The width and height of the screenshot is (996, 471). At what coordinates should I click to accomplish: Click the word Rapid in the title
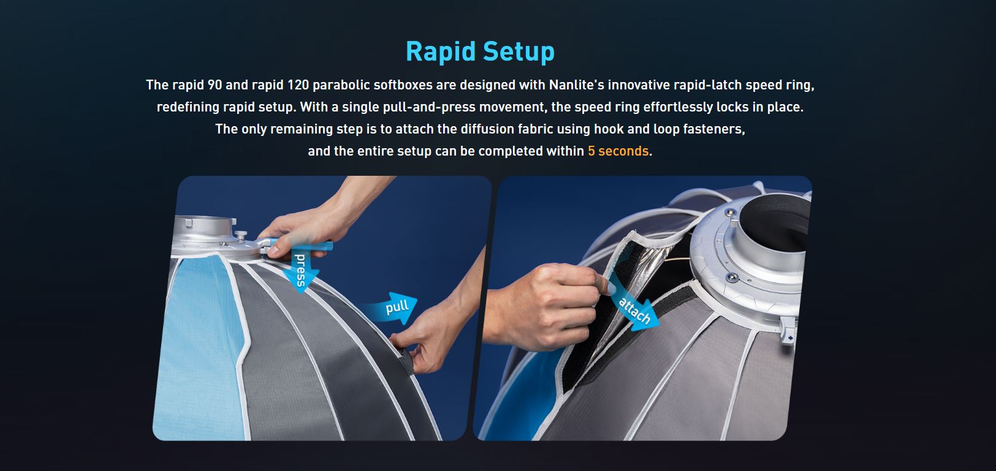click(x=441, y=51)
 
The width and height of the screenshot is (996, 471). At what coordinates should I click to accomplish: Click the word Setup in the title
click(x=519, y=51)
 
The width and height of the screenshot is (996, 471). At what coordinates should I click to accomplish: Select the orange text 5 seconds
click(x=618, y=151)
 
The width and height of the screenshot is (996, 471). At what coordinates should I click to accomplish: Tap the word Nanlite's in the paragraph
click(x=576, y=85)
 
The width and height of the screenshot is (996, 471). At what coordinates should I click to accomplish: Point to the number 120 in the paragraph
click(x=298, y=85)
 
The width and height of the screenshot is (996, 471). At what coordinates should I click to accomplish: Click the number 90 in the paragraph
click(x=215, y=85)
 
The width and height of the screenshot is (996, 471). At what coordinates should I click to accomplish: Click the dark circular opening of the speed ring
click(x=776, y=222)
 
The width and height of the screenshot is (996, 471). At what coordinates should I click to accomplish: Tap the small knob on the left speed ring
click(x=241, y=235)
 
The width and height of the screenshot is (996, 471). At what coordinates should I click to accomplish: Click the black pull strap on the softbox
click(x=407, y=361)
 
